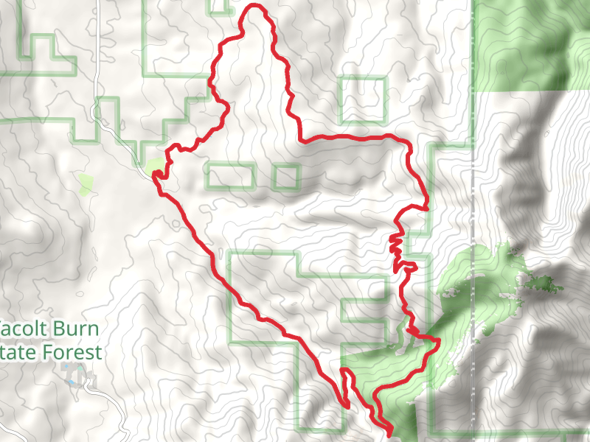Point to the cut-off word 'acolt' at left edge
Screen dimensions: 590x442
[23, 328]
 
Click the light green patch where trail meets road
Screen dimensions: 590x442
[155, 167]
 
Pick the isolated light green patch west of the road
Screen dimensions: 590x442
[86, 183]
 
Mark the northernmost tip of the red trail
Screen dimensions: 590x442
[256, 7]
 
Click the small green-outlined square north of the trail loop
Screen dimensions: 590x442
[363, 100]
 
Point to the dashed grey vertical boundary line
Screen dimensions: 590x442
[472, 221]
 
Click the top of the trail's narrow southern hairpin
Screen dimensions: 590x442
[342, 371]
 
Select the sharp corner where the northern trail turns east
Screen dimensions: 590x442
[299, 136]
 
